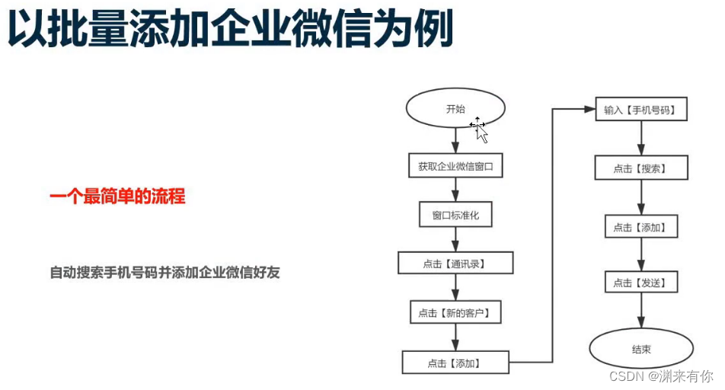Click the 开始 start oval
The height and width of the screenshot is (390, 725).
pos(455,109)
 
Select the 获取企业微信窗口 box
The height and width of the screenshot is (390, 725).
pos(455,165)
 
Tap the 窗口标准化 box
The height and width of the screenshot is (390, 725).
pos(455,215)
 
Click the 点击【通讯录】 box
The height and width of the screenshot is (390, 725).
pos(455,264)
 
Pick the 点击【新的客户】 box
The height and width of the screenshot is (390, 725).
pos(455,312)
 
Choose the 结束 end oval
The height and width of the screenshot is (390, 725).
pos(640,350)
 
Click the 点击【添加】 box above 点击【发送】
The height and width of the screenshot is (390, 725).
pos(640,227)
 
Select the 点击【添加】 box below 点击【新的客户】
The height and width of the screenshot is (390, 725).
pos(456,362)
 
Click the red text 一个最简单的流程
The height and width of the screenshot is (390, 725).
pos(117,197)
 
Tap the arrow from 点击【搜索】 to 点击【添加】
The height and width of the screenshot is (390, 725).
pos(640,198)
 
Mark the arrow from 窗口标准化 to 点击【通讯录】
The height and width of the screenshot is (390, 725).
pos(455,239)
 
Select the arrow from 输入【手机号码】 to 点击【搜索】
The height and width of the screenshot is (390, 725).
pos(640,139)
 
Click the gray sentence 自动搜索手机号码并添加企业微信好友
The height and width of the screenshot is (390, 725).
pos(164,272)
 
